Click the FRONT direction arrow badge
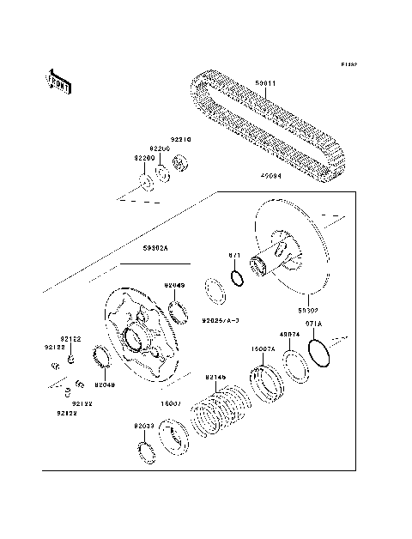[59, 80]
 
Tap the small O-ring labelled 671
[235, 278]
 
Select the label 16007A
[262, 350]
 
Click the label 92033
[142, 426]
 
